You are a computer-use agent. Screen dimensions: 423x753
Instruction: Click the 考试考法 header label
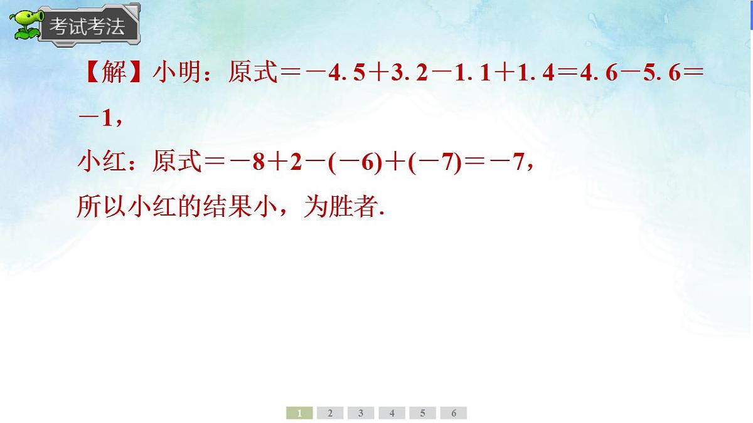(x=87, y=26)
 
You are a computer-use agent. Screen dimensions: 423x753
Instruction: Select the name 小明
(x=176, y=74)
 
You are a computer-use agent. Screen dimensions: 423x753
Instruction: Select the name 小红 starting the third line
(x=100, y=163)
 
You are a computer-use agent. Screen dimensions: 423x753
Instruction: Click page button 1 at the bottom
(x=300, y=413)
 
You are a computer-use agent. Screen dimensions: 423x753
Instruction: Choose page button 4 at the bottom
(x=392, y=413)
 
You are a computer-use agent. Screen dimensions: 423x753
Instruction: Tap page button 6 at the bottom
(x=454, y=413)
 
